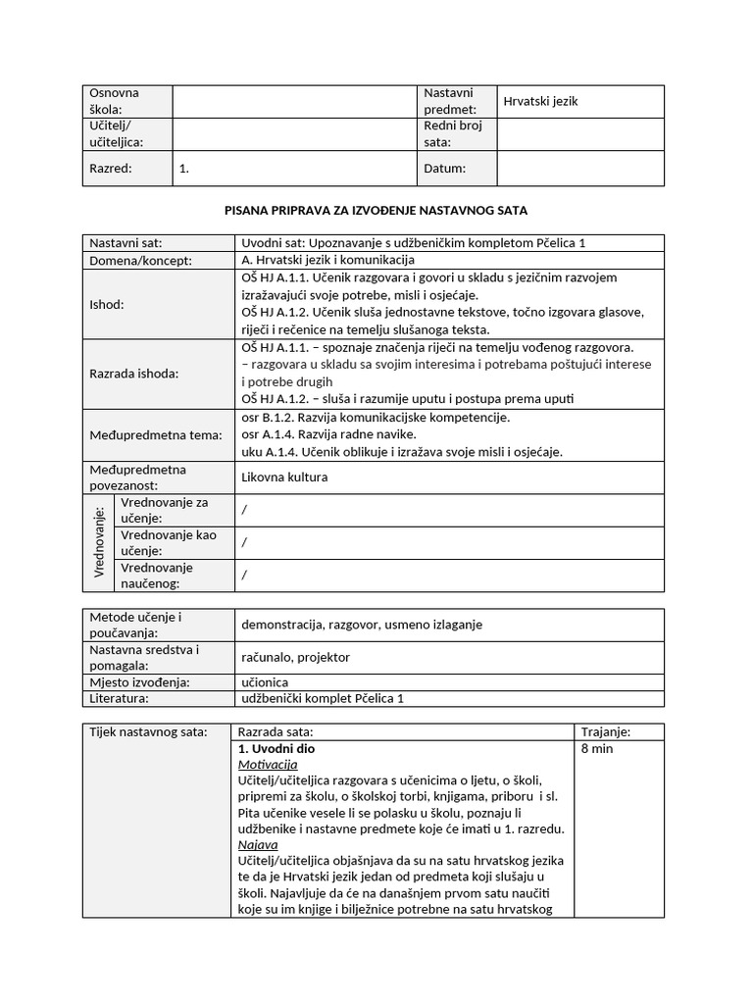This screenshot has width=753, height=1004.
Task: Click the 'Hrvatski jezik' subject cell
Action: [x=540, y=102]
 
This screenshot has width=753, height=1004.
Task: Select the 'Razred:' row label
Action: [x=111, y=168]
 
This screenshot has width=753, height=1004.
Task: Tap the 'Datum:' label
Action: [x=445, y=168]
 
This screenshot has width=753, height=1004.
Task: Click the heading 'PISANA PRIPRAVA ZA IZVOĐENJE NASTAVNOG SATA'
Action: [x=376, y=211]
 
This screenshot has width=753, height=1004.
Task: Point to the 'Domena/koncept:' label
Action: [x=141, y=261]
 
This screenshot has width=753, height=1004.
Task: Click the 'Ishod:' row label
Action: [x=107, y=304]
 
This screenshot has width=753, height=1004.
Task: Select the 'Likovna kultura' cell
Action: [x=284, y=477]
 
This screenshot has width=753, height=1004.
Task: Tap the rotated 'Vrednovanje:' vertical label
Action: [x=100, y=542]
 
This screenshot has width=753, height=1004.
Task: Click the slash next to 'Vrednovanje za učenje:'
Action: [x=244, y=510]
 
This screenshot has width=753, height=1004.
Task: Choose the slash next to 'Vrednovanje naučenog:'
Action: [x=244, y=575]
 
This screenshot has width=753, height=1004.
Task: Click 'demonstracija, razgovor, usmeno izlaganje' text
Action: [x=361, y=625]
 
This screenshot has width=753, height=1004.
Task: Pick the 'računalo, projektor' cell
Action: [x=295, y=657]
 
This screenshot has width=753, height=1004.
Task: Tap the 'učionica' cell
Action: [x=267, y=682]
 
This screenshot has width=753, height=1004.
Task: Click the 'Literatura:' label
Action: [x=120, y=698]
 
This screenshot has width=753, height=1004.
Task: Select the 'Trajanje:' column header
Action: [x=606, y=732]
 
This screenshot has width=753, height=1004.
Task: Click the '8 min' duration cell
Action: [x=598, y=748]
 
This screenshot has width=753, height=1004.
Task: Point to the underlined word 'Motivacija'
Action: [x=268, y=765]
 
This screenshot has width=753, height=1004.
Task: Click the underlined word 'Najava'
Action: [x=258, y=844]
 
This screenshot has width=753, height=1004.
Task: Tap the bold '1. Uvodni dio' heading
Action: [x=276, y=748]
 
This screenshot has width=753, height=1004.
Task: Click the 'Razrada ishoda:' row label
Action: [x=134, y=373]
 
